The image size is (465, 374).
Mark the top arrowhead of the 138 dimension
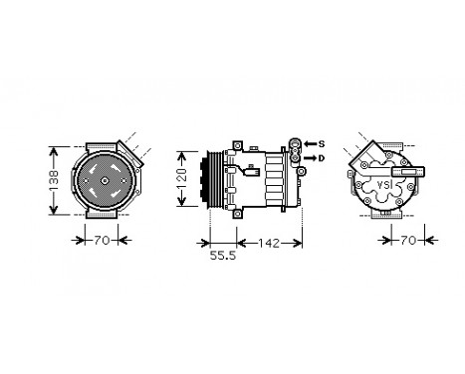52,147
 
